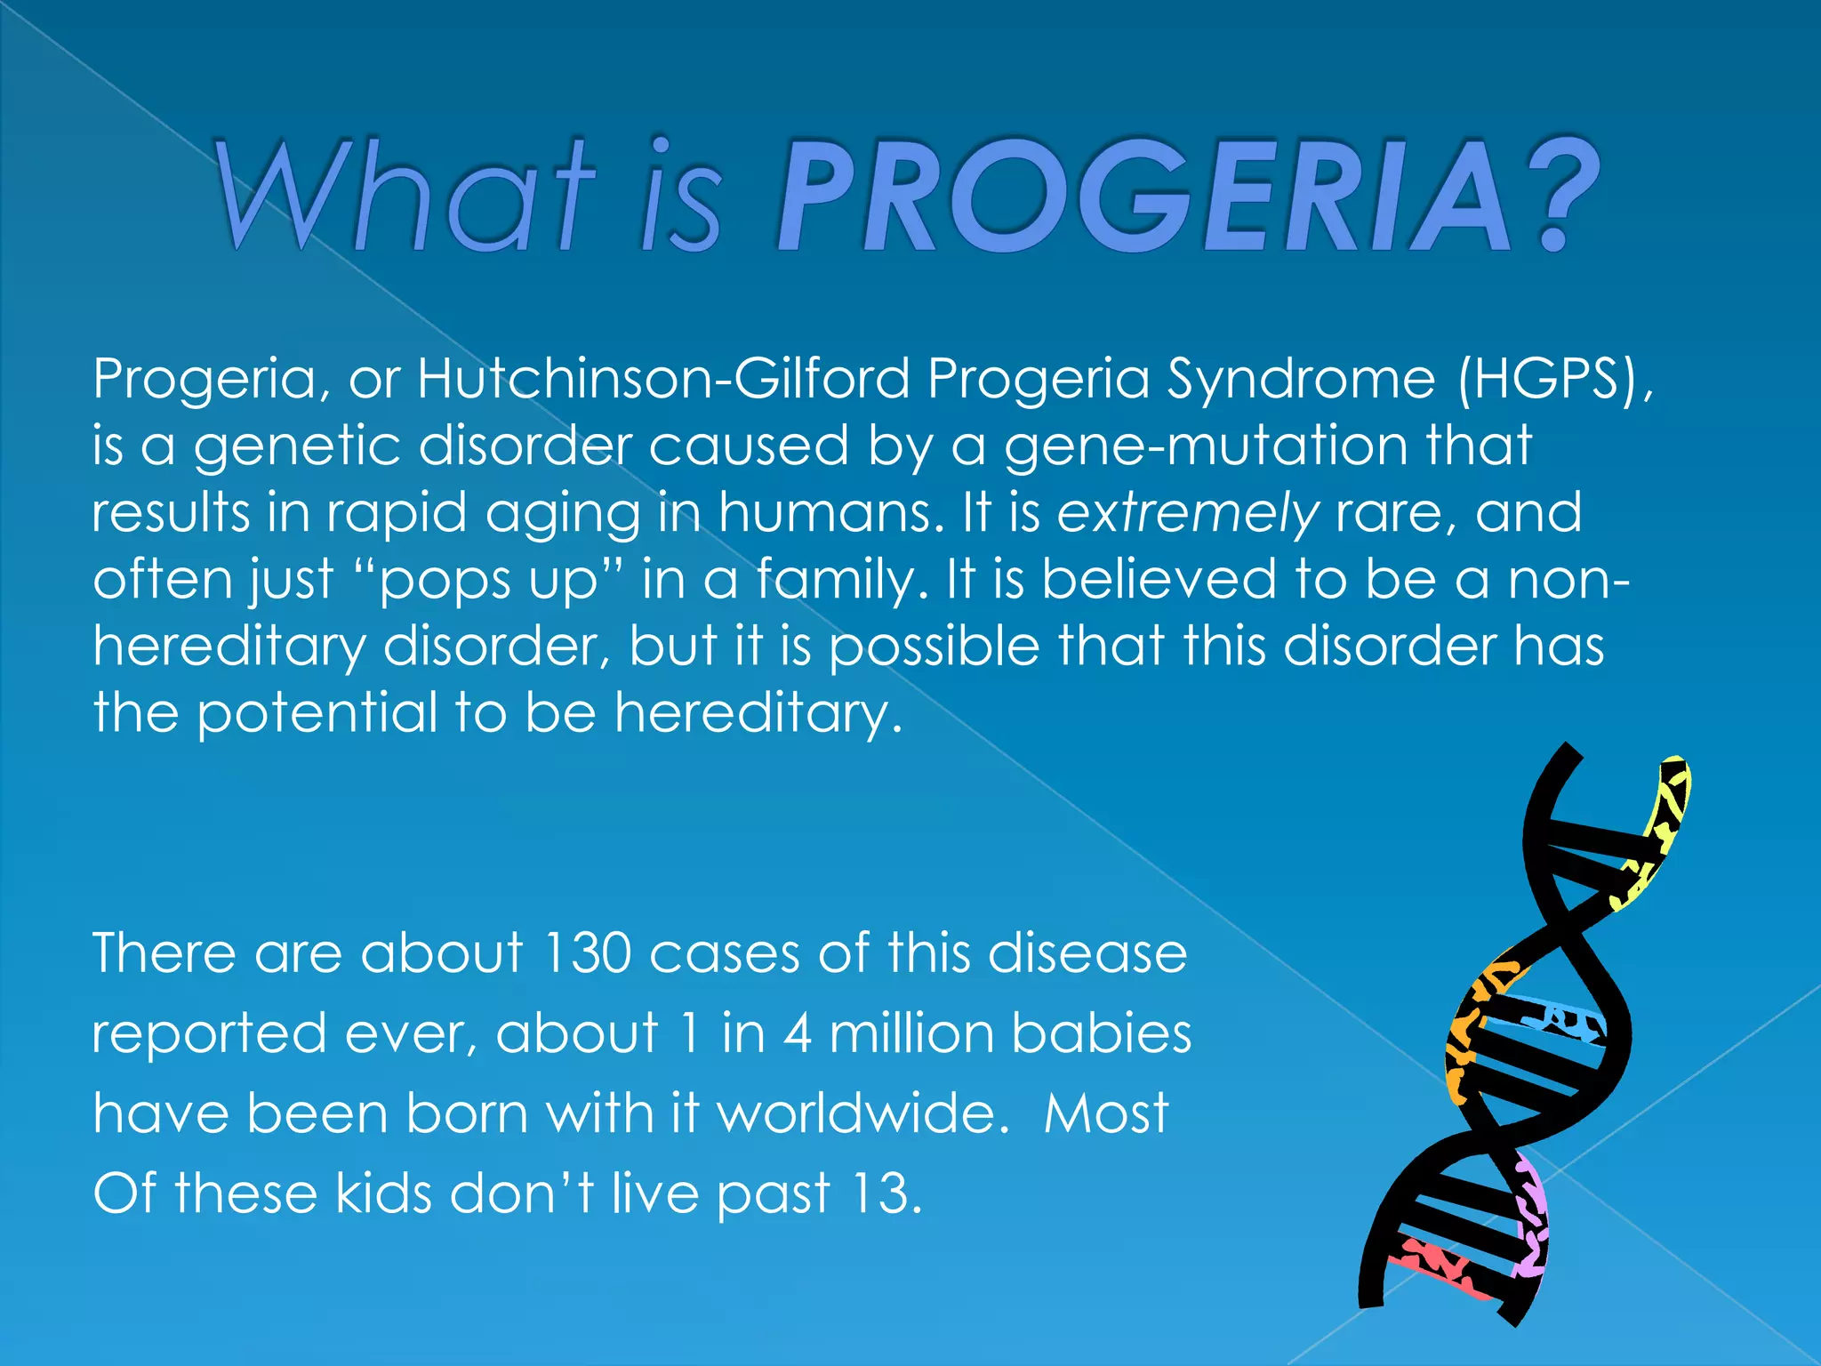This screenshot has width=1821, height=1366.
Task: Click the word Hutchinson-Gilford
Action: (663, 379)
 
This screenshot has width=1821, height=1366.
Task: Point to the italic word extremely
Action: (1187, 514)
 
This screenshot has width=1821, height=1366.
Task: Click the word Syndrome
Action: (1301, 381)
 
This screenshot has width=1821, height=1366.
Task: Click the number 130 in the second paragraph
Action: (587, 953)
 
